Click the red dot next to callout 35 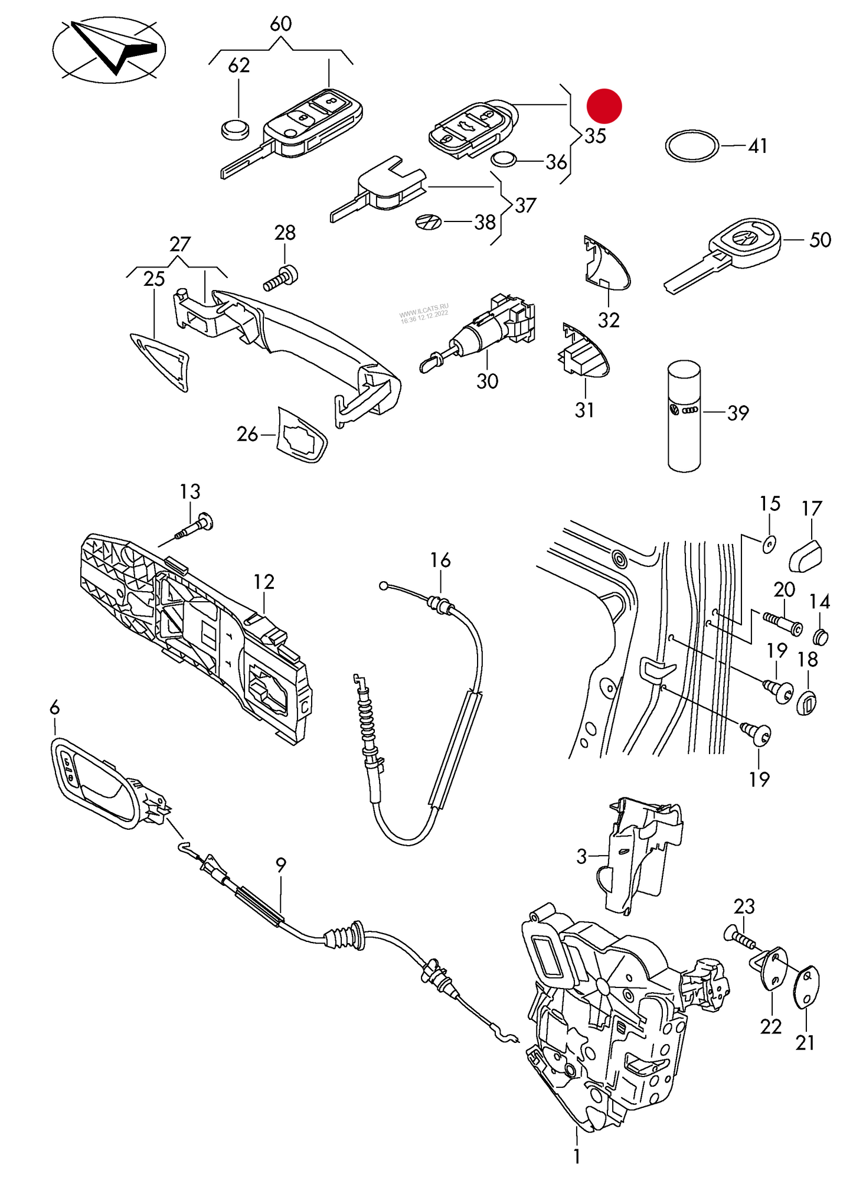pos(604,106)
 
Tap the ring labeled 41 pos(692,145)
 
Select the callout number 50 pos(820,240)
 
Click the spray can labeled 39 pos(684,416)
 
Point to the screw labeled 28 pos(282,278)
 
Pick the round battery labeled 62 pos(235,129)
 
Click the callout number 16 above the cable pos(440,560)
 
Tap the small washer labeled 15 pos(769,543)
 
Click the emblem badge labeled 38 pos(428,222)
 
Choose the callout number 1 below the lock pos(577,1156)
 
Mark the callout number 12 pos(264,582)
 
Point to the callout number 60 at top pos(281,24)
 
